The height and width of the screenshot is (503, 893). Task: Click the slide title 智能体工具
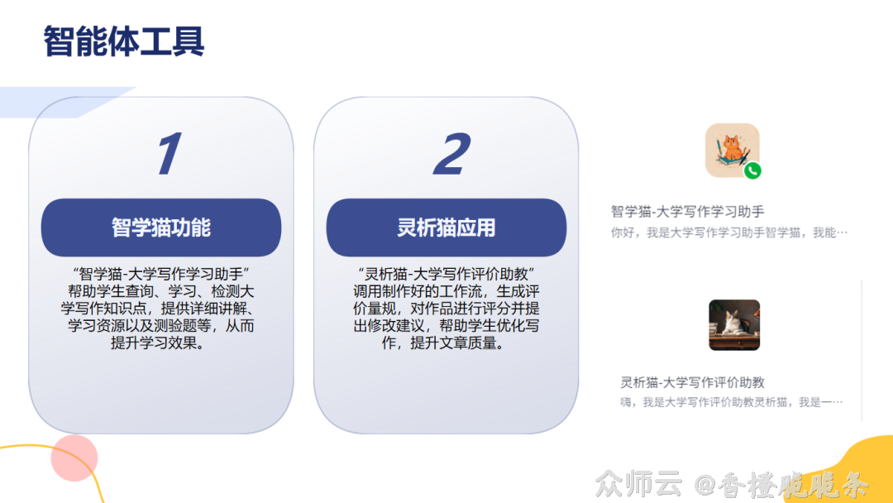click(124, 41)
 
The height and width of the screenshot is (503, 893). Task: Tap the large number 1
click(169, 155)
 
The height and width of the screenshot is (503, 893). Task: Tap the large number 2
click(452, 155)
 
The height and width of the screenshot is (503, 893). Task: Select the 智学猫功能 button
click(161, 228)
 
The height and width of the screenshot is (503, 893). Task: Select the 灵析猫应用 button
click(446, 228)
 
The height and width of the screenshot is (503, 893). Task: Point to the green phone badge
click(752, 171)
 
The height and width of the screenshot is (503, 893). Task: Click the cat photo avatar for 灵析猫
click(733, 324)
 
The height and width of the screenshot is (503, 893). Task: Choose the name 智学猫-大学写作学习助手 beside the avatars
click(687, 212)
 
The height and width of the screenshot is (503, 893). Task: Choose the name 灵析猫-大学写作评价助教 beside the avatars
click(692, 382)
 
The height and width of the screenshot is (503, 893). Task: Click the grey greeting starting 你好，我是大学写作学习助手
click(729, 232)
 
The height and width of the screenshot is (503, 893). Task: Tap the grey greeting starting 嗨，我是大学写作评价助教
click(731, 402)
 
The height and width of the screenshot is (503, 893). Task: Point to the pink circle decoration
click(74, 457)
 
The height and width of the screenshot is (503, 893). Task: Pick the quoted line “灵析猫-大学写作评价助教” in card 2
click(446, 273)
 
